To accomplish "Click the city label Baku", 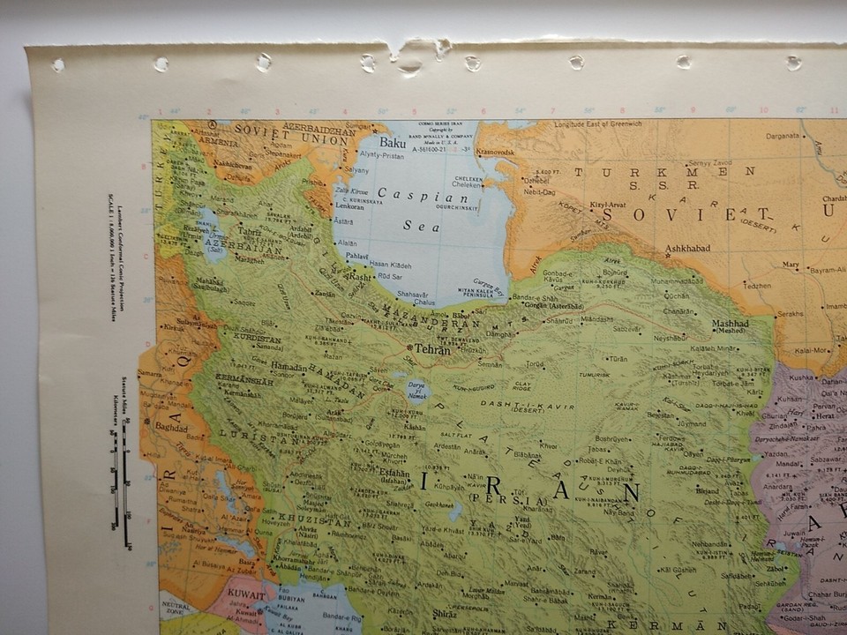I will coord(393,141).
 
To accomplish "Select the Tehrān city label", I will coord(432,350).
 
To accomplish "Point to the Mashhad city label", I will coord(730,325).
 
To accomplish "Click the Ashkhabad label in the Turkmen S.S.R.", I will coord(687,249).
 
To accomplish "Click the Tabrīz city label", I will coord(250,233).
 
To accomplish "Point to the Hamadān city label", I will coord(289,366).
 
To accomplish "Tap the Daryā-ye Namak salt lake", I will coord(416,389).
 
